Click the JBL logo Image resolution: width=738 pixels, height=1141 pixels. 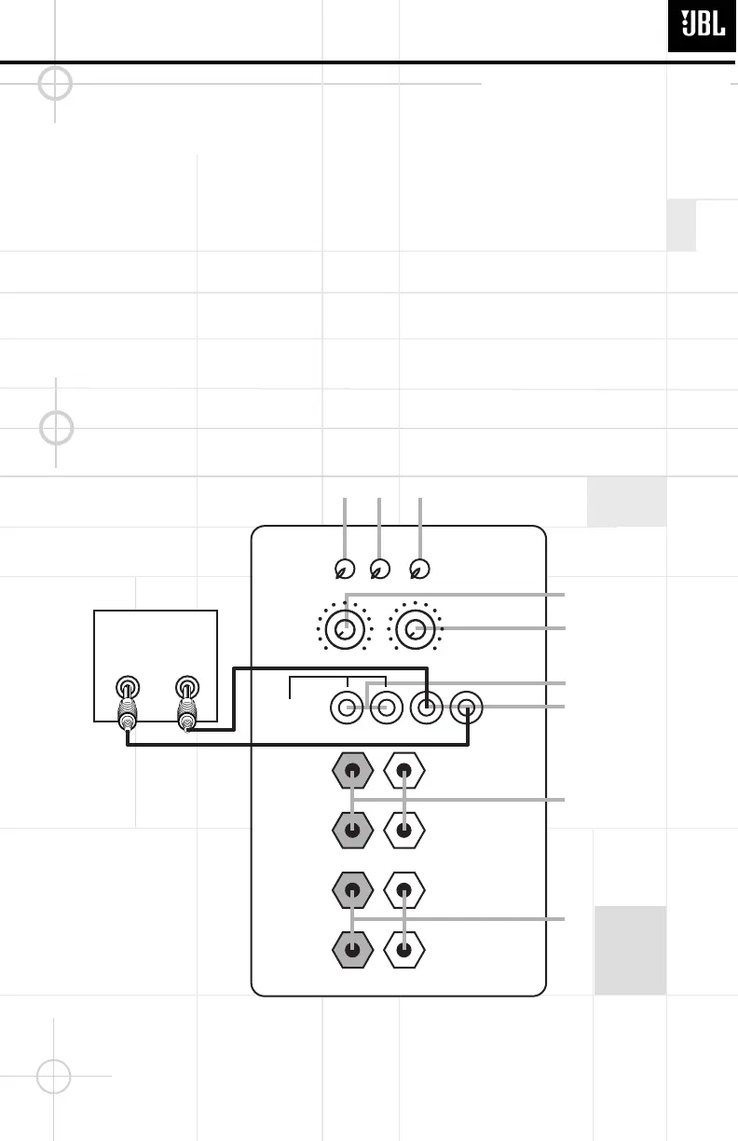(703, 25)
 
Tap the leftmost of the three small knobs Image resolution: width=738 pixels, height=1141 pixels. (344, 569)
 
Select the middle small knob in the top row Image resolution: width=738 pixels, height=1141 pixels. (379, 569)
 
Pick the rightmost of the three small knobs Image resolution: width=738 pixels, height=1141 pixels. (420, 569)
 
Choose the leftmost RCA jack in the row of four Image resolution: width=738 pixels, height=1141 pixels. (347, 709)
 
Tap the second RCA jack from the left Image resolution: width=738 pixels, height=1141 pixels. (385, 709)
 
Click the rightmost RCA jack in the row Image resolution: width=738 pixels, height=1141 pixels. (466, 709)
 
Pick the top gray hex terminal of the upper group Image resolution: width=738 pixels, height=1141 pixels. (352, 771)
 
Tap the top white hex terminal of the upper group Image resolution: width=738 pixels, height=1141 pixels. (404, 771)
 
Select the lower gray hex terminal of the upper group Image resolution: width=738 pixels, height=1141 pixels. (352, 829)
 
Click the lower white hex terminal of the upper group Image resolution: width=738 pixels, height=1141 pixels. (404, 829)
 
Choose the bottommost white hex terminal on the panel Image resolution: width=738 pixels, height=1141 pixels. (404, 950)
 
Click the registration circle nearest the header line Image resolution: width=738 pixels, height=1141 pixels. (56, 84)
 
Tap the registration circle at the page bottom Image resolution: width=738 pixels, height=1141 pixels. (54, 1076)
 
